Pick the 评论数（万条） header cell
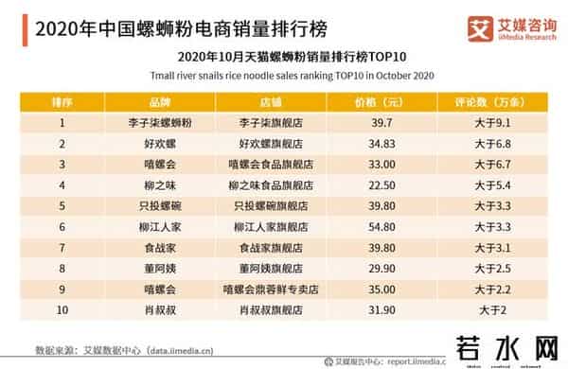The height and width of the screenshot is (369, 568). point(495,101)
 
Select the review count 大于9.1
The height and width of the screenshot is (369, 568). point(495,123)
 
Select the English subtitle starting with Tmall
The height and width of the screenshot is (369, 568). point(285,73)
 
